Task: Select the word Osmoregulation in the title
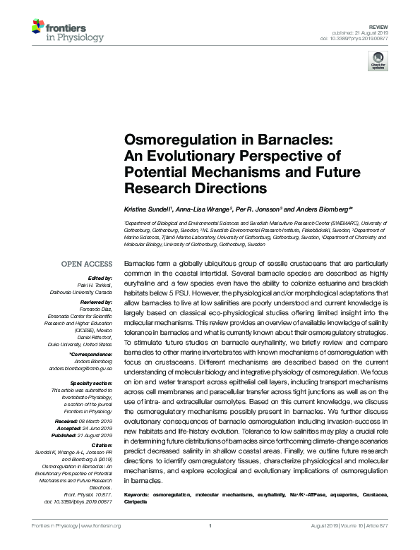(x=165, y=141)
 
